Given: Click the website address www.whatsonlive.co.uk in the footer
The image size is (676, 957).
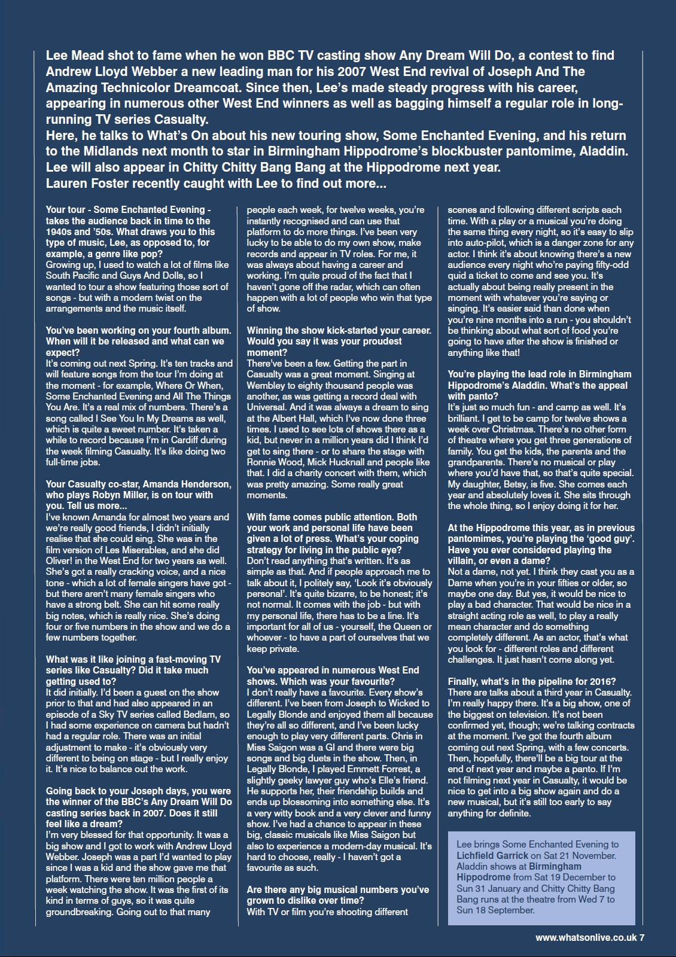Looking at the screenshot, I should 586,938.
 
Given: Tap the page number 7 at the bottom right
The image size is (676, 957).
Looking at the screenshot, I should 642,938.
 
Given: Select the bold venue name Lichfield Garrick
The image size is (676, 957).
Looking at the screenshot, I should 492,855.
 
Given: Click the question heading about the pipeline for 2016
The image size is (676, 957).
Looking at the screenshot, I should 532,681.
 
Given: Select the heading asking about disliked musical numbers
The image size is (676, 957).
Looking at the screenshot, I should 337,895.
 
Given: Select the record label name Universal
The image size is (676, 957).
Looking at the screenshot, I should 267,407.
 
